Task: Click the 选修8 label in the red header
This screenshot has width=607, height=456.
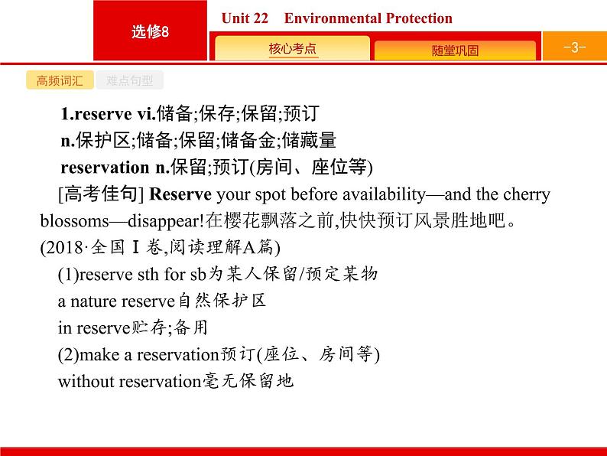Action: coord(149,32)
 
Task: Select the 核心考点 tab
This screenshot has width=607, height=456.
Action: coord(292,49)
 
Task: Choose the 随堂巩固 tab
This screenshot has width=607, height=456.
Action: coord(455,50)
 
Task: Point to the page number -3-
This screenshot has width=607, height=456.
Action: coord(573,47)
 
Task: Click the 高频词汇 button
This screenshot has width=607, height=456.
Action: coord(59,81)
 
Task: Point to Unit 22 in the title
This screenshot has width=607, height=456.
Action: coord(245,18)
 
